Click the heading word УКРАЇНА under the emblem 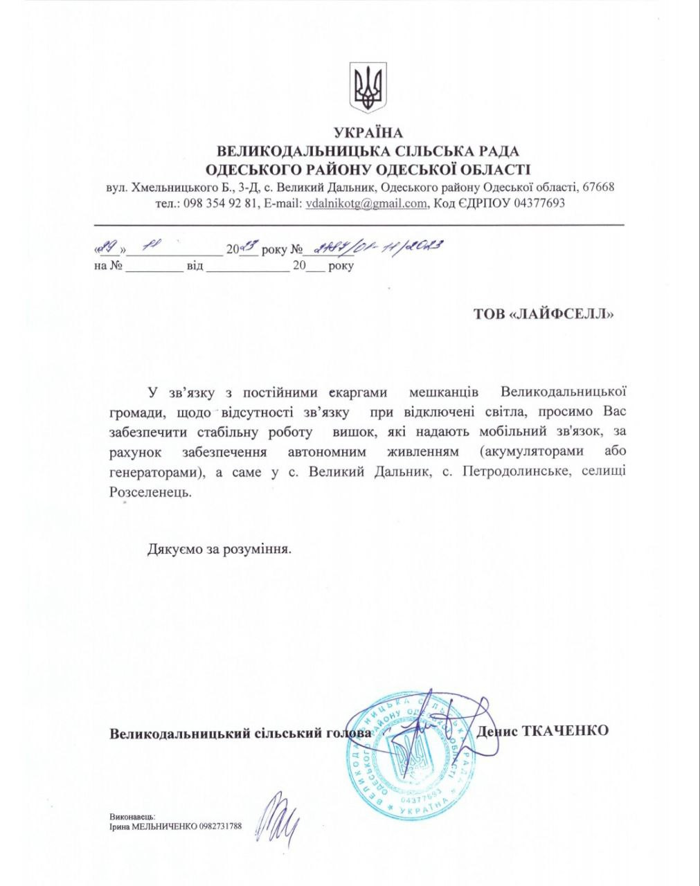(368, 133)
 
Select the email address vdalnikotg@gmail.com (366, 204)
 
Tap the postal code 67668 (598, 187)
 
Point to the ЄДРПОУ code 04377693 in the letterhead (538, 204)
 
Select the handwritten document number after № (377, 248)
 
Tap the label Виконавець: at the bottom (132, 817)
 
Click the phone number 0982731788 (220, 826)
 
